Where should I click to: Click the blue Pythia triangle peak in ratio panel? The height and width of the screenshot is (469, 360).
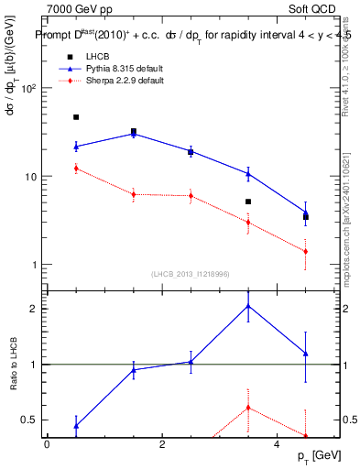click(x=248, y=306)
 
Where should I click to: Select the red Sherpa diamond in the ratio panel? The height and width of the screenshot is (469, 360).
click(x=248, y=408)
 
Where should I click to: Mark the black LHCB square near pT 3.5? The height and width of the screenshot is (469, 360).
click(x=248, y=202)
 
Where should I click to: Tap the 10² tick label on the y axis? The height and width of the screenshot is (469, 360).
click(x=28, y=89)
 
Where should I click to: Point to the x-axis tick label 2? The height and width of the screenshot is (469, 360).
click(x=161, y=445)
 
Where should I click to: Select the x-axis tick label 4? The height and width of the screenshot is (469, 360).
click(x=277, y=445)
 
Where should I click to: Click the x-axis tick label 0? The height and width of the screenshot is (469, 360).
click(x=47, y=445)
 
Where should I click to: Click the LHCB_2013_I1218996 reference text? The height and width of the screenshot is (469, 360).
click(x=190, y=274)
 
